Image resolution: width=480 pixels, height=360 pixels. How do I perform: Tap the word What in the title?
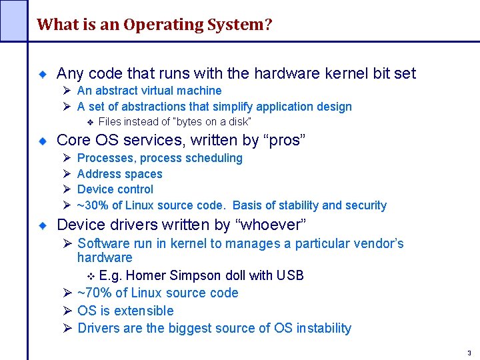pyautogui.click(x=53, y=25)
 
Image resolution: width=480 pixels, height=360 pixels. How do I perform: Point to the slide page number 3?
pyautogui.click(x=469, y=353)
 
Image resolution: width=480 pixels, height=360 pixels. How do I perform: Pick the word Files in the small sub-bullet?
pyautogui.click(x=110, y=121)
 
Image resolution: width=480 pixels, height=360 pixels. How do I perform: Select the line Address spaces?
pyautogui.click(x=119, y=174)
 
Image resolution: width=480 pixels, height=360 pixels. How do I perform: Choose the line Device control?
pyautogui.click(x=115, y=189)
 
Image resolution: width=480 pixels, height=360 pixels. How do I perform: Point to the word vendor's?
pyautogui.click(x=373, y=243)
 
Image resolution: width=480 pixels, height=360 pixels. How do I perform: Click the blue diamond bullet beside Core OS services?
pyautogui.click(x=41, y=141)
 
